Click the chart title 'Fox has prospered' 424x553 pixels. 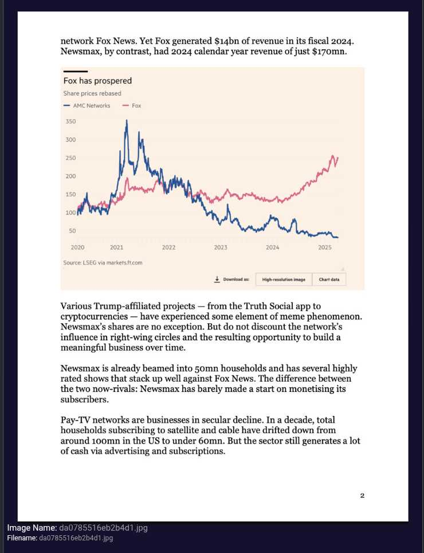97,81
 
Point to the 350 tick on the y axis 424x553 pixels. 70,121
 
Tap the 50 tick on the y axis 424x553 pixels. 72,231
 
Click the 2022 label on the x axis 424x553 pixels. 168,248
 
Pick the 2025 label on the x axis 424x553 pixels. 325,248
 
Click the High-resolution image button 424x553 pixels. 284,280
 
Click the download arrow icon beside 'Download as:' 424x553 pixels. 217,279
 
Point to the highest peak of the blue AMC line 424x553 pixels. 126,121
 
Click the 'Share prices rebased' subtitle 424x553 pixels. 92,93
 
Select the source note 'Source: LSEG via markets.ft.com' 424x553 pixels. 103,262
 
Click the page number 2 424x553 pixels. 362,496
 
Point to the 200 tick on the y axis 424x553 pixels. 70,176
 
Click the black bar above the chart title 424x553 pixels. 72,72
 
